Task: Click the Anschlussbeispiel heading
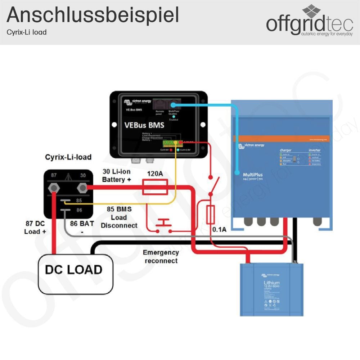click(x=93, y=15)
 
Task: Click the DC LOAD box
click(x=74, y=270)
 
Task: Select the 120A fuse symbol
click(x=155, y=188)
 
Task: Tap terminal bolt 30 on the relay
click(x=82, y=188)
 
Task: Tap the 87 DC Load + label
click(x=35, y=228)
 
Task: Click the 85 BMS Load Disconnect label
click(x=119, y=217)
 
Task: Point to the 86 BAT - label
click(x=82, y=227)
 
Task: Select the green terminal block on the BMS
click(x=173, y=143)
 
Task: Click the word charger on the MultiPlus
click(x=285, y=150)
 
